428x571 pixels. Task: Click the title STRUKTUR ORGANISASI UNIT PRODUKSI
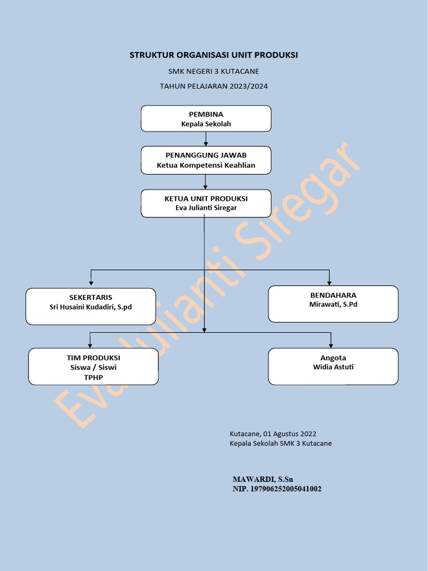213,55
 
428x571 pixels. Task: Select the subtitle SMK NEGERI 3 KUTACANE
213,71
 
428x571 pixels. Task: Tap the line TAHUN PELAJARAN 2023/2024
213,86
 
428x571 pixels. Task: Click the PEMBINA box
206,118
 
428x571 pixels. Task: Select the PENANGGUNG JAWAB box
206,160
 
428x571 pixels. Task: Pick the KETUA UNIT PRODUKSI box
206,203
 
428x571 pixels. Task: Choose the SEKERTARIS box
90,306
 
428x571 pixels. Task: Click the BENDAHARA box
333,303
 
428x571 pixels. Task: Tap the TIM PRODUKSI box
93,366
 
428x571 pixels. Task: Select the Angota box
333,366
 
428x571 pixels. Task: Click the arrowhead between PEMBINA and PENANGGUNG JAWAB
206,143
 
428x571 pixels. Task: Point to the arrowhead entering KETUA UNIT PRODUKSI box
206,186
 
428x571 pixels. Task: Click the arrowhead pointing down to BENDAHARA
329,282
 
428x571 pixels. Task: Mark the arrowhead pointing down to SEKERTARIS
91,284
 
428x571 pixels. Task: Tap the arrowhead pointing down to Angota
331,345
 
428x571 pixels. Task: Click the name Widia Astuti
333,367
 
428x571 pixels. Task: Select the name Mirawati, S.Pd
333,304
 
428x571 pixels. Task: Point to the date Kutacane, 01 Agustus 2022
273,433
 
